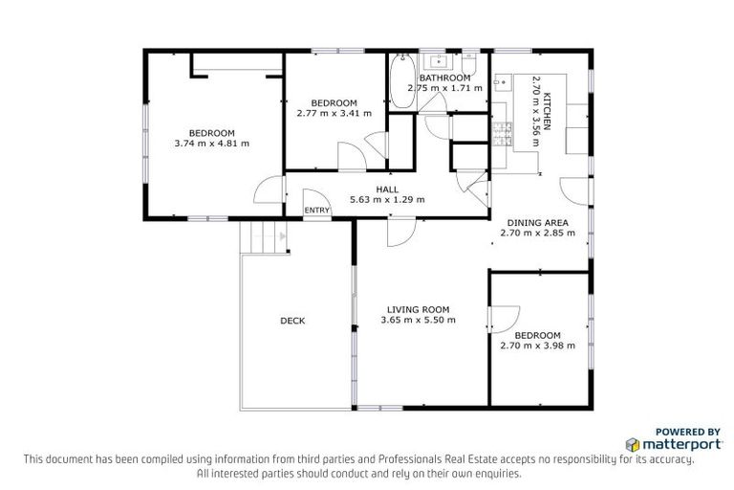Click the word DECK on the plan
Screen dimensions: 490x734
pos(292,321)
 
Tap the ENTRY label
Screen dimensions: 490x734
pos(316,211)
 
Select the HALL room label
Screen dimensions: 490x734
pos(387,189)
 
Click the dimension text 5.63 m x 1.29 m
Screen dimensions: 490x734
pos(387,200)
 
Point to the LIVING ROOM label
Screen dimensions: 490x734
pos(418,309)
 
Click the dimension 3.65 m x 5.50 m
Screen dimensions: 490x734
pos(418,320)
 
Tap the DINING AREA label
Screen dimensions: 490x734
pos(537,222)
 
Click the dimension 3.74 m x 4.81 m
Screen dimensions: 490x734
pos(212,144)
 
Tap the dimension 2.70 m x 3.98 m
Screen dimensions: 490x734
pos(537,345)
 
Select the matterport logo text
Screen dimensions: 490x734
pos(666,445)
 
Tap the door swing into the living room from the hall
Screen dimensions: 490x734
pos(401,230)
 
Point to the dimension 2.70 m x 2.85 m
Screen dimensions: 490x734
pos(537,233)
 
